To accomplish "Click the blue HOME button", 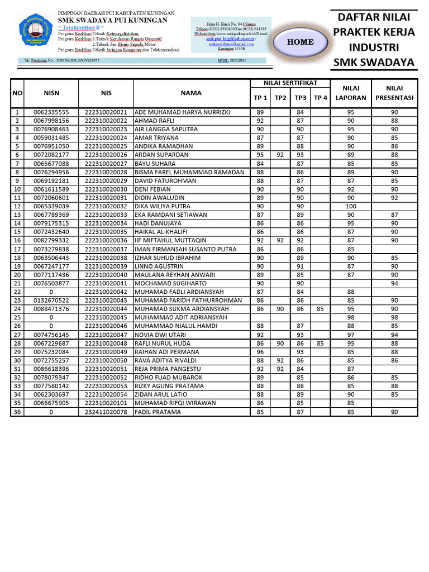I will tap(301, 42).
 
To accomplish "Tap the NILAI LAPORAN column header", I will tap(350, 93).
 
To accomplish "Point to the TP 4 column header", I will tap(320, 98).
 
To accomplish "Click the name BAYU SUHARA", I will tap(156, 164).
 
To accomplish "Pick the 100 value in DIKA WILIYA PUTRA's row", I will tap(350, 207).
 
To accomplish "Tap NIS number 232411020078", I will tap(106, 412).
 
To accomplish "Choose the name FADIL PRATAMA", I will tap(159, 412).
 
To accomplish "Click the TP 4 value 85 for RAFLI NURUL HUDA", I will tap(320, 344).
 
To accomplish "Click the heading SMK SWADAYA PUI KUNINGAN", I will tap(117, 20).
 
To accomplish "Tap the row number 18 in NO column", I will tap(17, 258).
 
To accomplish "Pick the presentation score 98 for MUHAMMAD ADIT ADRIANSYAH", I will tap(394, 317).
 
